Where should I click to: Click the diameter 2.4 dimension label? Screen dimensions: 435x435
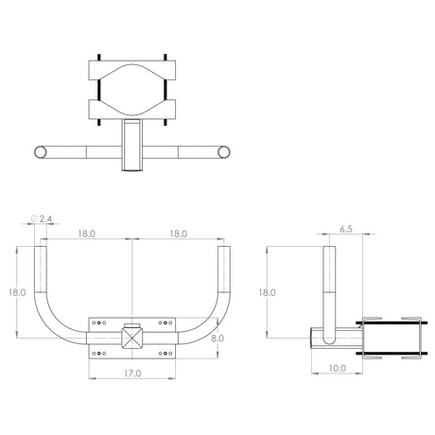(42, 218)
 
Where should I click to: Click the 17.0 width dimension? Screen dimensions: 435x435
(132, 374)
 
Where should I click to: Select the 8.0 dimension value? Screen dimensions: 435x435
(217, 339)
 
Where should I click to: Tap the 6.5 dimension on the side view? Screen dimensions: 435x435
(346, 229)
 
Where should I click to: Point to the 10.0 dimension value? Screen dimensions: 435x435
(338, 368)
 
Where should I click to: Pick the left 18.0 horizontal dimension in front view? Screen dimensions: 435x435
(87, 234)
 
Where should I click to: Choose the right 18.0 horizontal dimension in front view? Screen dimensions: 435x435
(179, 234)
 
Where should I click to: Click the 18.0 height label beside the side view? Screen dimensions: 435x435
(268, 292)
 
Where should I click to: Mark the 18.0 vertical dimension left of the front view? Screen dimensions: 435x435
(17, 292)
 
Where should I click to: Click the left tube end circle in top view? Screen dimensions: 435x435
(40, 152)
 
